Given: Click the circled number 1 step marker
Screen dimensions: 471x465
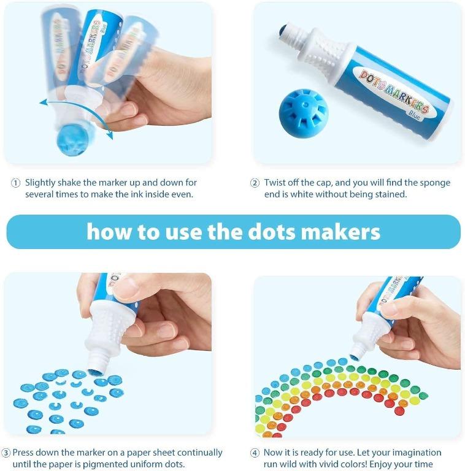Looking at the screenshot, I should pos(15,183).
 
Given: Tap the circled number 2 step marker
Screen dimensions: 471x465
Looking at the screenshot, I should pos(255,183).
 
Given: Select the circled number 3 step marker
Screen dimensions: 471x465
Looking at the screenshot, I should pos(6,453).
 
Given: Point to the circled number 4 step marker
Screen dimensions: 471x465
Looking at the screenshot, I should pos(255,453).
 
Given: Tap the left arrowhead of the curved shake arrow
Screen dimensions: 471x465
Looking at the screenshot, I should pos(43,102).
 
